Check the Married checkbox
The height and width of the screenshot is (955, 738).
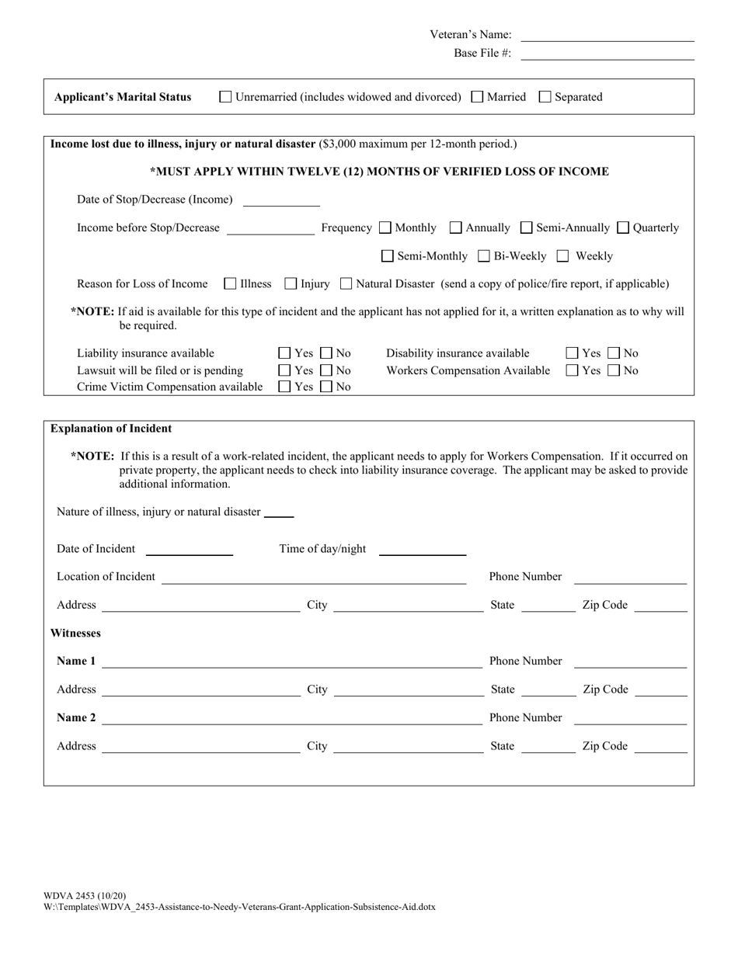click(478, 97)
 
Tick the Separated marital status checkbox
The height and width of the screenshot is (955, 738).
click(545, 97)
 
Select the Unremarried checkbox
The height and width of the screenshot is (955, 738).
click(226, 97)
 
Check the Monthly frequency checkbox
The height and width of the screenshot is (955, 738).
click(385, 228)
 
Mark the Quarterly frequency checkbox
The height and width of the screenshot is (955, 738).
click(623, 228)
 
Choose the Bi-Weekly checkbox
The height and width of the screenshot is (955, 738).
click(483, 256)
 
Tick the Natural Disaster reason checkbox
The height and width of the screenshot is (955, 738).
click(346, 284)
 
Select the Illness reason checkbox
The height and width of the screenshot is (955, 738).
click(230, 284)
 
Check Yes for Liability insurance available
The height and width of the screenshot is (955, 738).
click(285, 354)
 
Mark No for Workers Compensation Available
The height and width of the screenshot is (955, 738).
click(613, 371)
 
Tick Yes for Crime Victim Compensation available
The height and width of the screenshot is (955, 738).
click(285, 387)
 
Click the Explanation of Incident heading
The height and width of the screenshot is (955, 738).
click(111, 429)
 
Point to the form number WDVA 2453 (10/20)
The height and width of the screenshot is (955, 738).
click(85, 895)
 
